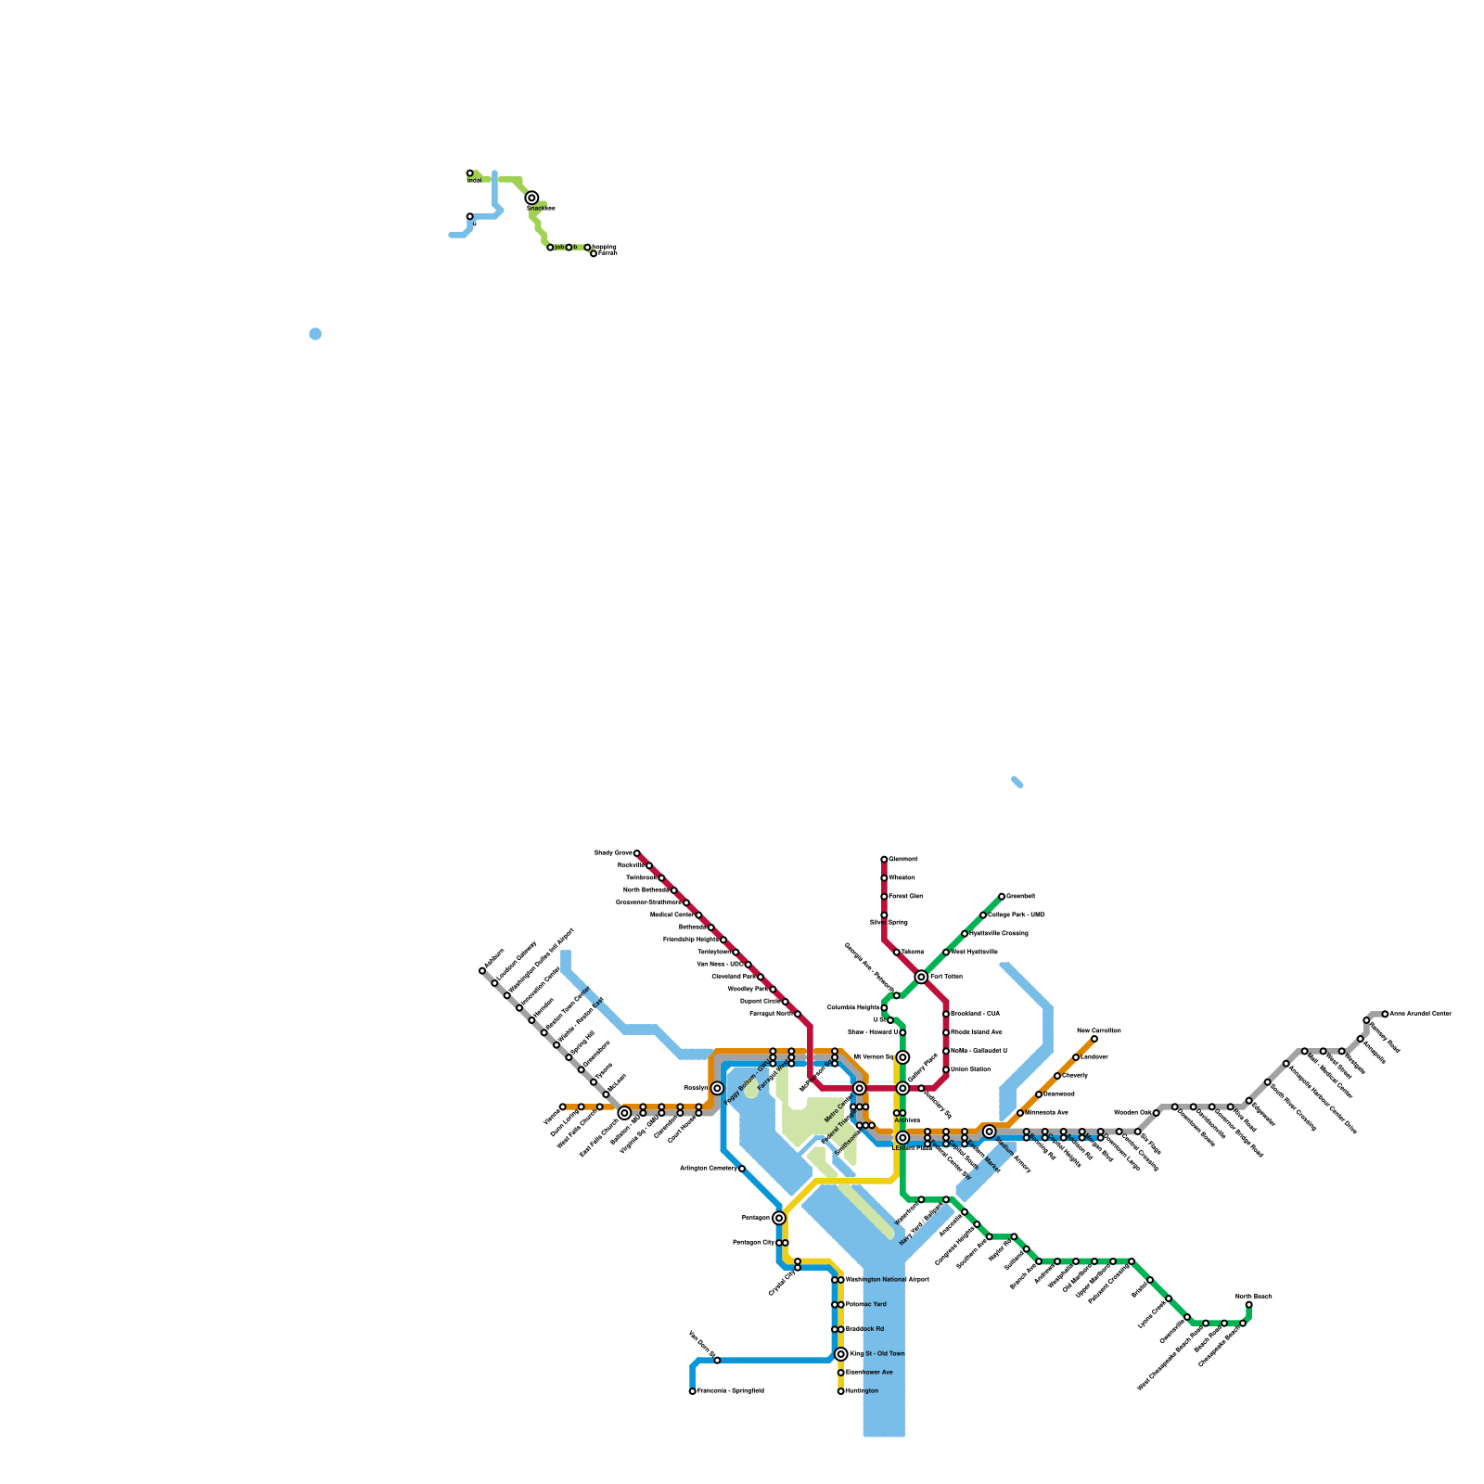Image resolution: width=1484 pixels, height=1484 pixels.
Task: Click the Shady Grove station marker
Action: [x=636, y=853]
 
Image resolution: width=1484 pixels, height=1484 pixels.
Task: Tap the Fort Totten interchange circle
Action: [x=921, y=977]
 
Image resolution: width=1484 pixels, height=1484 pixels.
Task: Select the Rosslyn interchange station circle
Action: [x=717, y=1088]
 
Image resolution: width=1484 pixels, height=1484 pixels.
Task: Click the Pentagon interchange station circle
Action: [x=779, y=1218]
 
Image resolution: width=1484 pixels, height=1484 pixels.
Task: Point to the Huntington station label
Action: [x=862, y=1391]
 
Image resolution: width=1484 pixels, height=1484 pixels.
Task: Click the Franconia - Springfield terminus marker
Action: [x=692, y=1391]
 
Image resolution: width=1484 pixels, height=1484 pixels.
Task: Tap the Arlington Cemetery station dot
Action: [x=742, y=1169]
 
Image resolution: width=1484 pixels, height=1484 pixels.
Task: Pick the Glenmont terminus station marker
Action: [x=884, y=860]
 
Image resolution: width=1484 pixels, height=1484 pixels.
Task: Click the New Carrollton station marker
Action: [x=1094, y=1039]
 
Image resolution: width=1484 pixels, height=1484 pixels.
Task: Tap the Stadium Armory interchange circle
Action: [x=990, y=1132]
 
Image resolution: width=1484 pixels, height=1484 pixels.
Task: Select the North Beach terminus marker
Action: [x=1249, y=1305]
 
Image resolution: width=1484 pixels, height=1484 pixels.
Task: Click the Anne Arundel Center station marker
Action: [x=1385, y=1014]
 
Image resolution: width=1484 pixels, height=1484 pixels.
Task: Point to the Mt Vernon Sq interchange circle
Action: [x=902, y=1057]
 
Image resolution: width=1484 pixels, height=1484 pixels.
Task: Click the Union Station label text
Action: [x=970, y=1069]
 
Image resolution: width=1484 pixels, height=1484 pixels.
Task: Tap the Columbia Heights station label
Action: [x=853, y=1007]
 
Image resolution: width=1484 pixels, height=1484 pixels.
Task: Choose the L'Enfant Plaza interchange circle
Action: [x=902, y=1138]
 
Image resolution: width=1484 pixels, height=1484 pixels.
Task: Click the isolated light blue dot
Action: [x=315, y=334]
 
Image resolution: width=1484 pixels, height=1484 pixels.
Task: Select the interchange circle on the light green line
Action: [x=531, y=198]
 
